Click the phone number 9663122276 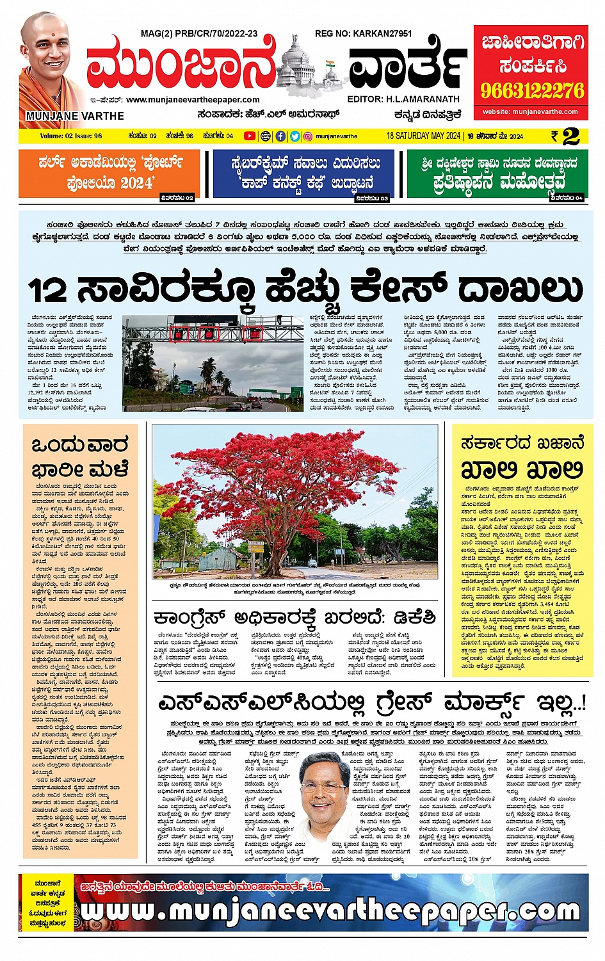point(533,90)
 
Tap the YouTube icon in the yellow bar point(249,136)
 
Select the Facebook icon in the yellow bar point(280,136)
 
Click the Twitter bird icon point(294,136)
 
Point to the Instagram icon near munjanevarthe point(308,136)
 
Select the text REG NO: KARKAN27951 point(363,33)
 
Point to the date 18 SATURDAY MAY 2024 point(423,136)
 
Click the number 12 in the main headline point(48,289)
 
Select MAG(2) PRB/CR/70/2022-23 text point(199,33)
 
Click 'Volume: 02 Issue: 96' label point(71,136)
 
